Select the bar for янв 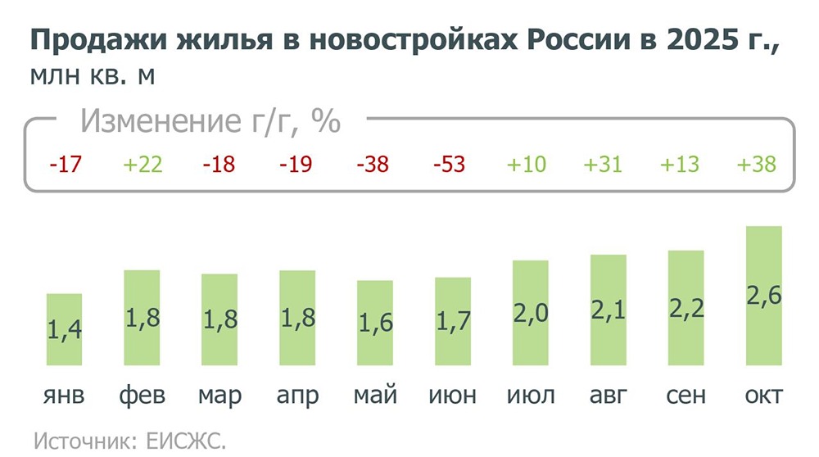click(x=64, y=329)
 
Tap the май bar click(x=375, y=323)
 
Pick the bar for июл click(x=531, y=313)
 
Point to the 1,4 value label click(x=64, y=332)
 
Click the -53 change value click(x=449, y=165)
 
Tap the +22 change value click(x=143, y=165)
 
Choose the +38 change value click(x=756, y=165)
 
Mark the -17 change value click(x=65, y=165)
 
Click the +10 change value click(x=526, y=165)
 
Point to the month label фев click(x=142, y=396)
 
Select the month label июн click(x=452, y=396)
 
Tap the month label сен click(x=686, y=396)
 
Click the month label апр click(x=297, y=396)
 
